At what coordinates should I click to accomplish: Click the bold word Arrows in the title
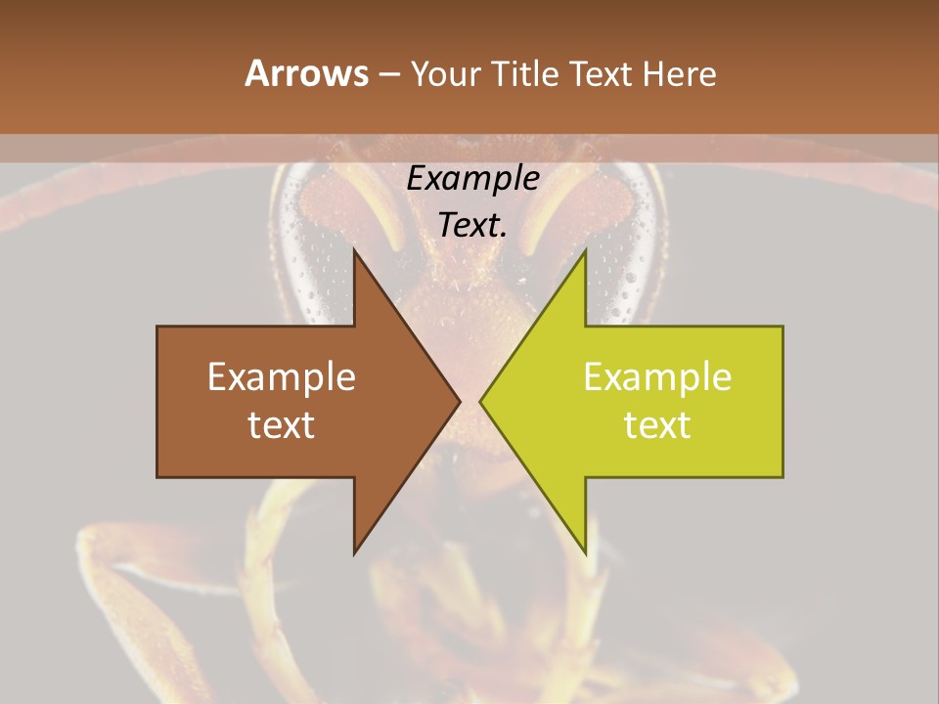[306, 73]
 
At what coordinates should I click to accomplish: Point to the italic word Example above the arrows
[472, 178]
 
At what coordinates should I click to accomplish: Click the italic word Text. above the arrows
[472, 225]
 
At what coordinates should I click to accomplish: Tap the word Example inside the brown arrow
[282, 376]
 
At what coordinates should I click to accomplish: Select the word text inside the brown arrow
[282, 424]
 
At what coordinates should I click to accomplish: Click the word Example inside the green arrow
[657, 376]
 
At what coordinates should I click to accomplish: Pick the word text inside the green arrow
[657, 424]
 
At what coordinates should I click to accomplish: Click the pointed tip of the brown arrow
[460, 401]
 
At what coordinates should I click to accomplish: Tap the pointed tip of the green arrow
[480, 401]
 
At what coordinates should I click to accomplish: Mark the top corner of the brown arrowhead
[354, 250]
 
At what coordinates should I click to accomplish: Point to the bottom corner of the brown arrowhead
[354, 553]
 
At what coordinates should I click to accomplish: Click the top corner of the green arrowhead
[586, 250]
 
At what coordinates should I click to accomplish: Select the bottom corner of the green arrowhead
[586, 553]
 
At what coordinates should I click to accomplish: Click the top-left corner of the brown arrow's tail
[157, 327]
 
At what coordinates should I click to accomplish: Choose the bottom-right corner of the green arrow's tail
[782, 477]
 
